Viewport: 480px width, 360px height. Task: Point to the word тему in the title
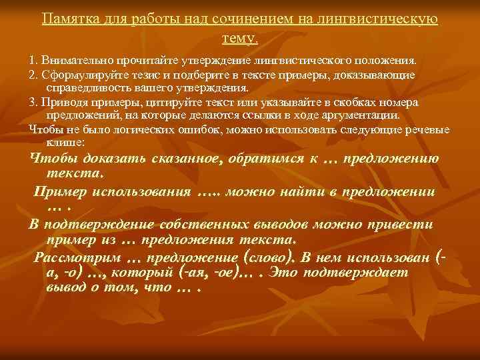tap(237, 35)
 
